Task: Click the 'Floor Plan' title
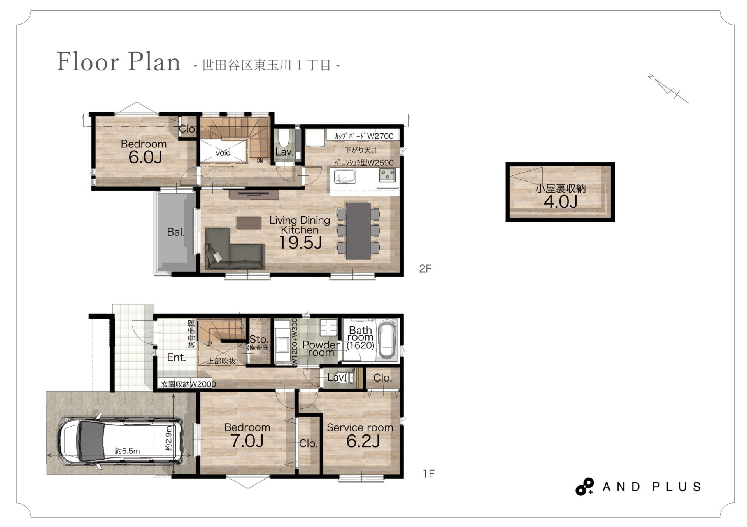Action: tap(119, 61)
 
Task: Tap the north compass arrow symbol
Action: tap(668, 89)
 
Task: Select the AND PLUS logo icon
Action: tap(584, 487)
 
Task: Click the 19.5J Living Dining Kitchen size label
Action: tap(300, 242)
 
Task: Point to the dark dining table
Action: tap(358, 231)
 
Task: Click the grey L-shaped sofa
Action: tap(235, 249)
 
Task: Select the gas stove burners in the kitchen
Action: tap(388, 175)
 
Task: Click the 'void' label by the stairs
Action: tap(223, 153)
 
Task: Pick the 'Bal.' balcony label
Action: tap(175, 232)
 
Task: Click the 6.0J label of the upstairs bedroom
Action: tap(145, 157)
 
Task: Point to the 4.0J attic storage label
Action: tap(560, 201)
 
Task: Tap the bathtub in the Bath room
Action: tap(387, 339)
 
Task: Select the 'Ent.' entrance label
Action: tap(176, 357)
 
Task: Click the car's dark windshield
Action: tap(91, 441)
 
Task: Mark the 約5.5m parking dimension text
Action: tap(127, 451)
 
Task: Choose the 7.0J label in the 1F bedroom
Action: tap(247, 441)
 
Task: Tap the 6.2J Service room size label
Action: tap(363, 441)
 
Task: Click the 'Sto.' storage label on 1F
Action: tap(259, 339)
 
